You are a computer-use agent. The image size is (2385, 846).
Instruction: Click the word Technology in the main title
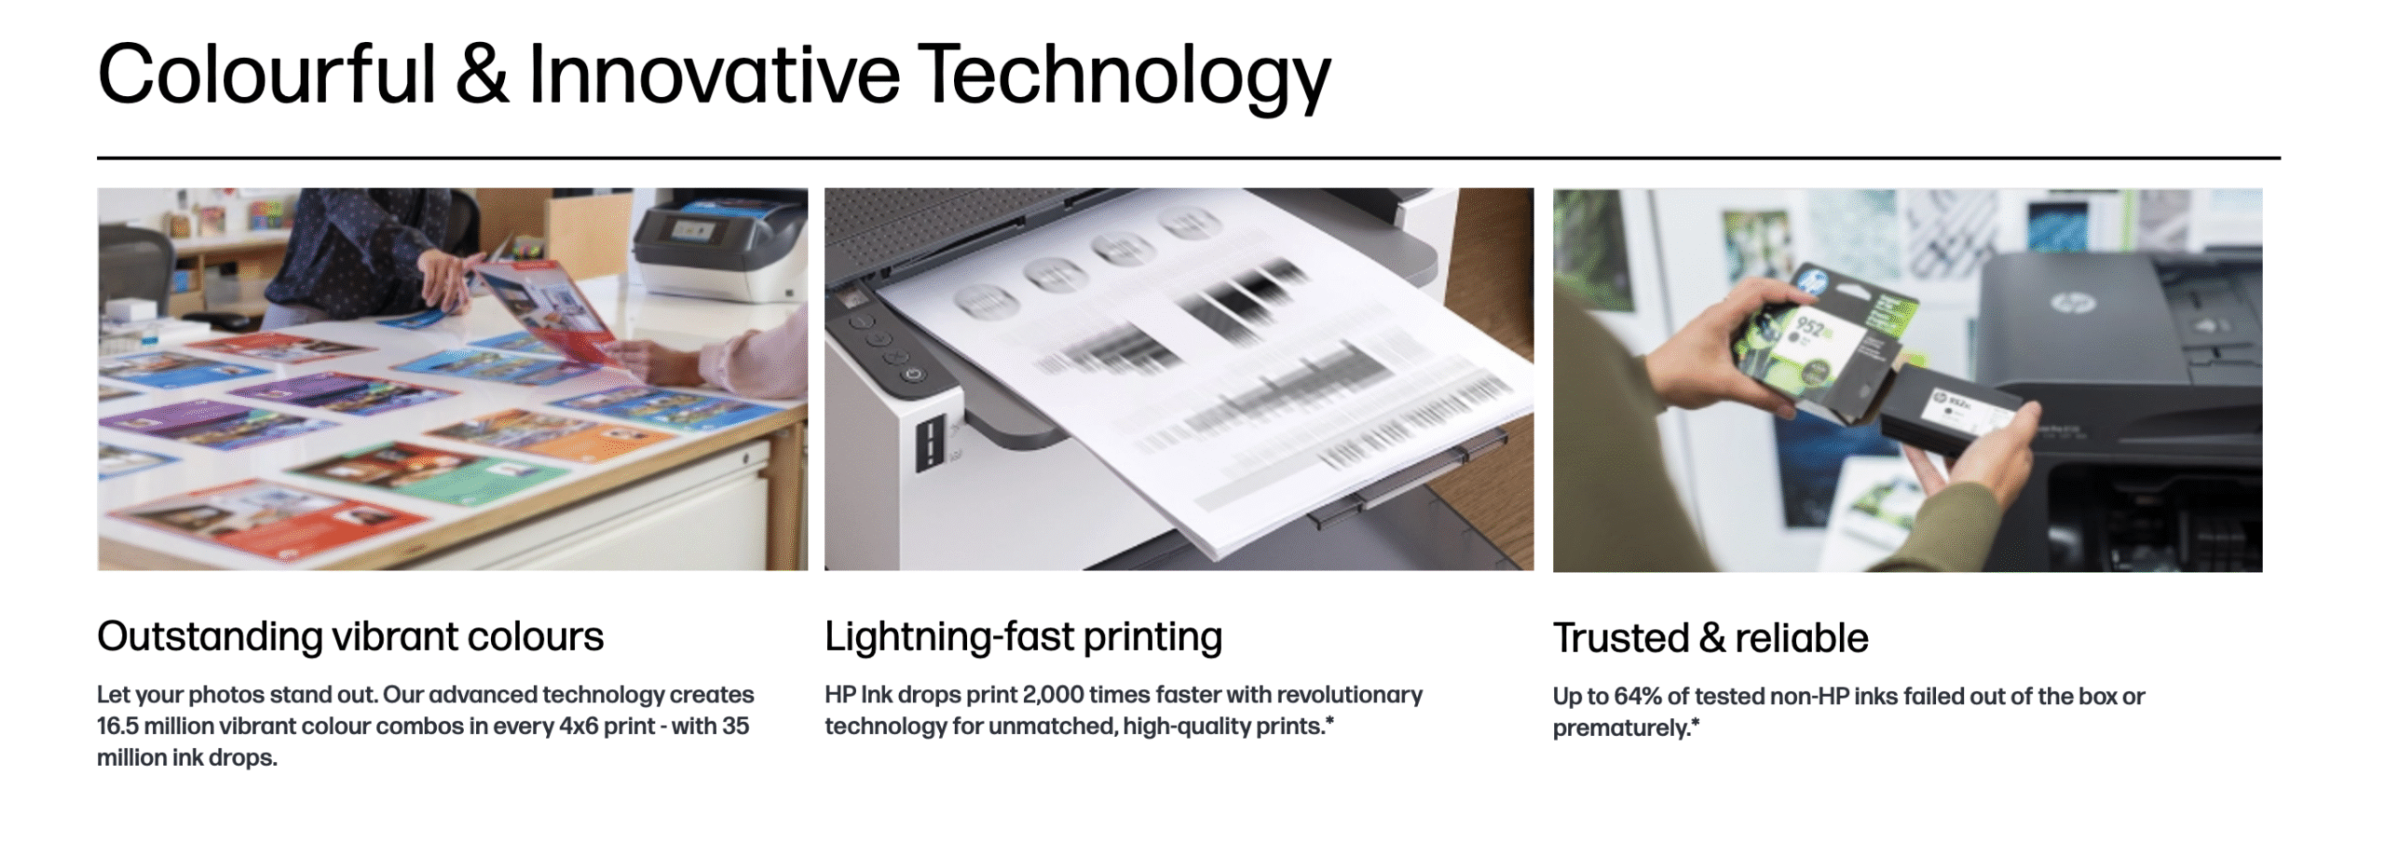1124,76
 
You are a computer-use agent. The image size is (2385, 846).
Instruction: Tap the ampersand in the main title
483,74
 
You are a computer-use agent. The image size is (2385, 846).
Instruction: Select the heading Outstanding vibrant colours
350,636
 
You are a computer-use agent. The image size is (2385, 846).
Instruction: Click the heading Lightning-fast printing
1023,637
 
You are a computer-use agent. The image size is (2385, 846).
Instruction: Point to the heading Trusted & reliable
1710,638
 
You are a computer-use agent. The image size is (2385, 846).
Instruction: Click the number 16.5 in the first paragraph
117,726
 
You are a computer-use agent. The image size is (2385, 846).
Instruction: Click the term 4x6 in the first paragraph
578,726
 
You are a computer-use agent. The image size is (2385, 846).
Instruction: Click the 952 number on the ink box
1809,328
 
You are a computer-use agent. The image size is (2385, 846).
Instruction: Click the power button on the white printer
912,374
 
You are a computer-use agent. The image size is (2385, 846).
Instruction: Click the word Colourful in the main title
267,75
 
